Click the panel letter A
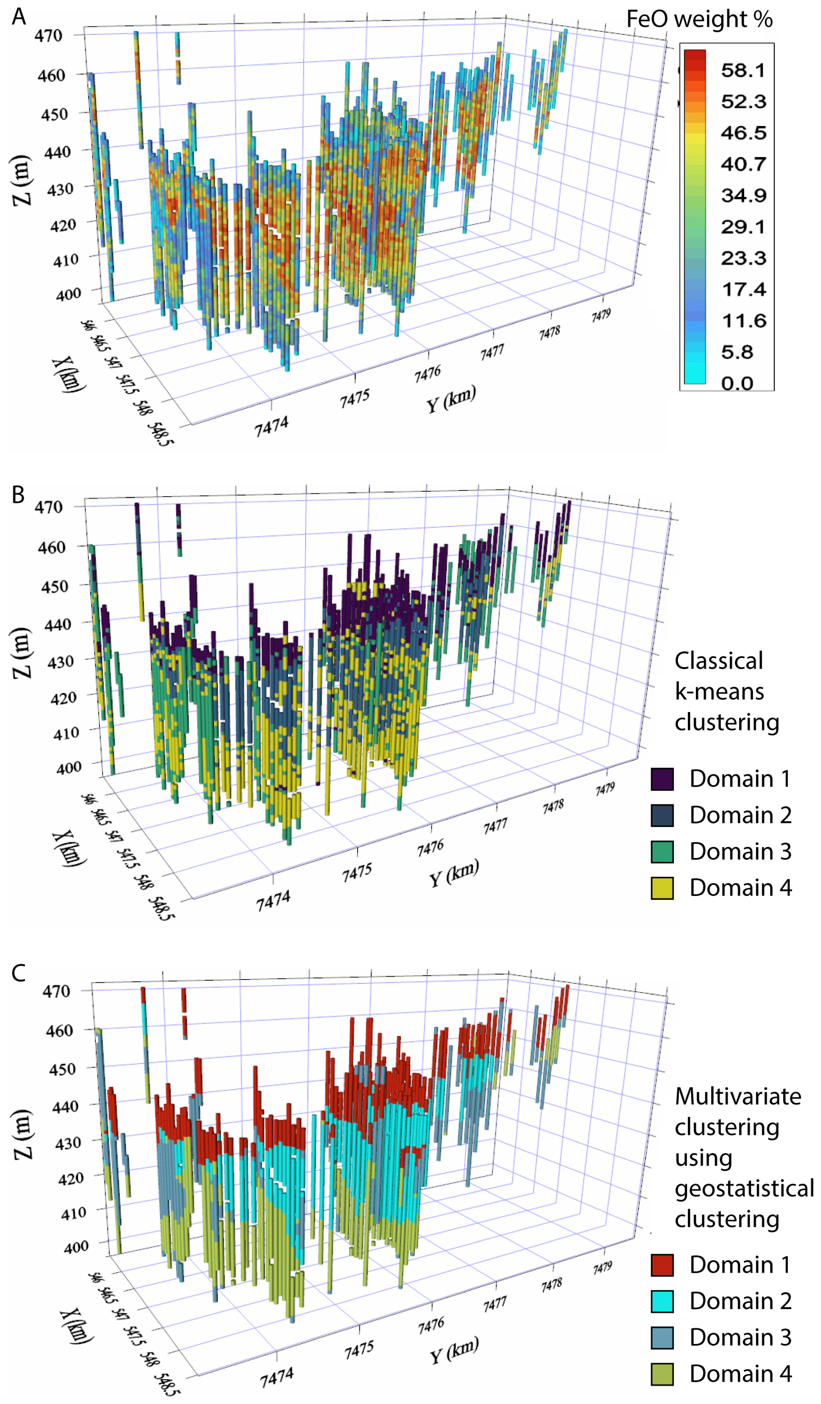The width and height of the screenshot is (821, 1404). [x=19, y=17]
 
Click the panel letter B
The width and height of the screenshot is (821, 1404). [x=18, y=494]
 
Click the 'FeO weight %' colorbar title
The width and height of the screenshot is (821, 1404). [x=700, y=19]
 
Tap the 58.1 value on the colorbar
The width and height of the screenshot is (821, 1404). [x=744, y=70]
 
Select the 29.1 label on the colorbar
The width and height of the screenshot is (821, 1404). [x=744, y=227]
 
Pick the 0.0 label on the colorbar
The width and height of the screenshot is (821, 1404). [x=737, y=383]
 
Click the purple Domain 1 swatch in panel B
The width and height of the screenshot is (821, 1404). [x=662, y=779]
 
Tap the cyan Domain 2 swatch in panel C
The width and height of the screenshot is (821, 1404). [x=662, y=1302]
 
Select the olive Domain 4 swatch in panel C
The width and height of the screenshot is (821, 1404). [x=662, y=1374]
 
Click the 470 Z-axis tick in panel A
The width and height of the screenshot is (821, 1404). [x=48, y=36]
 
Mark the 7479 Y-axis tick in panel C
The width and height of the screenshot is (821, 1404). [x=602, y=1268]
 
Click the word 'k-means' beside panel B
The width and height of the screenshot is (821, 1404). [x=719, y=692]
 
